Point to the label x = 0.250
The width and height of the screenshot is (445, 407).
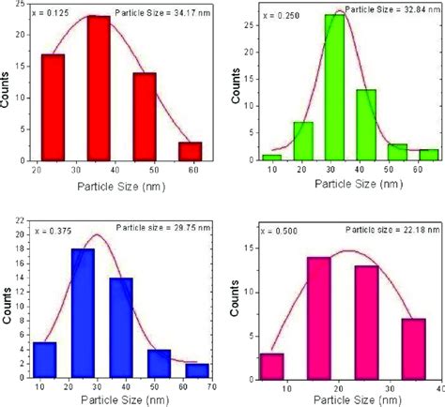[278, 17]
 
